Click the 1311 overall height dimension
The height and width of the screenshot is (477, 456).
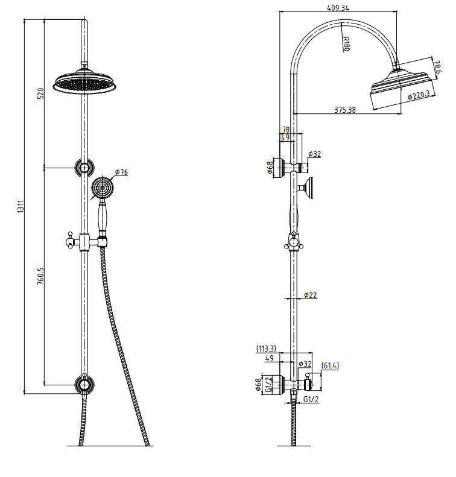(x=20, y=206)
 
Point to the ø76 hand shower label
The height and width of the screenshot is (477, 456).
(x=121, y=172)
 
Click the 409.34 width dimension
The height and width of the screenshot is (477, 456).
(x=338, y=8)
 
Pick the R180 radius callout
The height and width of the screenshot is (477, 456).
(x=346, y=44)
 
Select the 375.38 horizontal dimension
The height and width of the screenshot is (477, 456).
(x=346, y=110)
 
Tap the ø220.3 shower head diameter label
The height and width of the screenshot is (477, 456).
(x=418, y=95)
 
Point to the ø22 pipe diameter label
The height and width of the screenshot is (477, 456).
(x=310, y=295)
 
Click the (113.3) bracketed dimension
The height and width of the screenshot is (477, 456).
(x=266, y=349)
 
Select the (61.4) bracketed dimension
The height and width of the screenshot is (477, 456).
(x=329, y=365)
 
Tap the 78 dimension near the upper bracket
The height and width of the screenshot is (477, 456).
(x=286, y=130)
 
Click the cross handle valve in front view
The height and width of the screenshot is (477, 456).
(x=72, y=242)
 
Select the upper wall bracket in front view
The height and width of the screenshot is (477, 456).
(x=84, y=167)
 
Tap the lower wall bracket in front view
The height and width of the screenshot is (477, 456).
(x=84, y=384)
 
